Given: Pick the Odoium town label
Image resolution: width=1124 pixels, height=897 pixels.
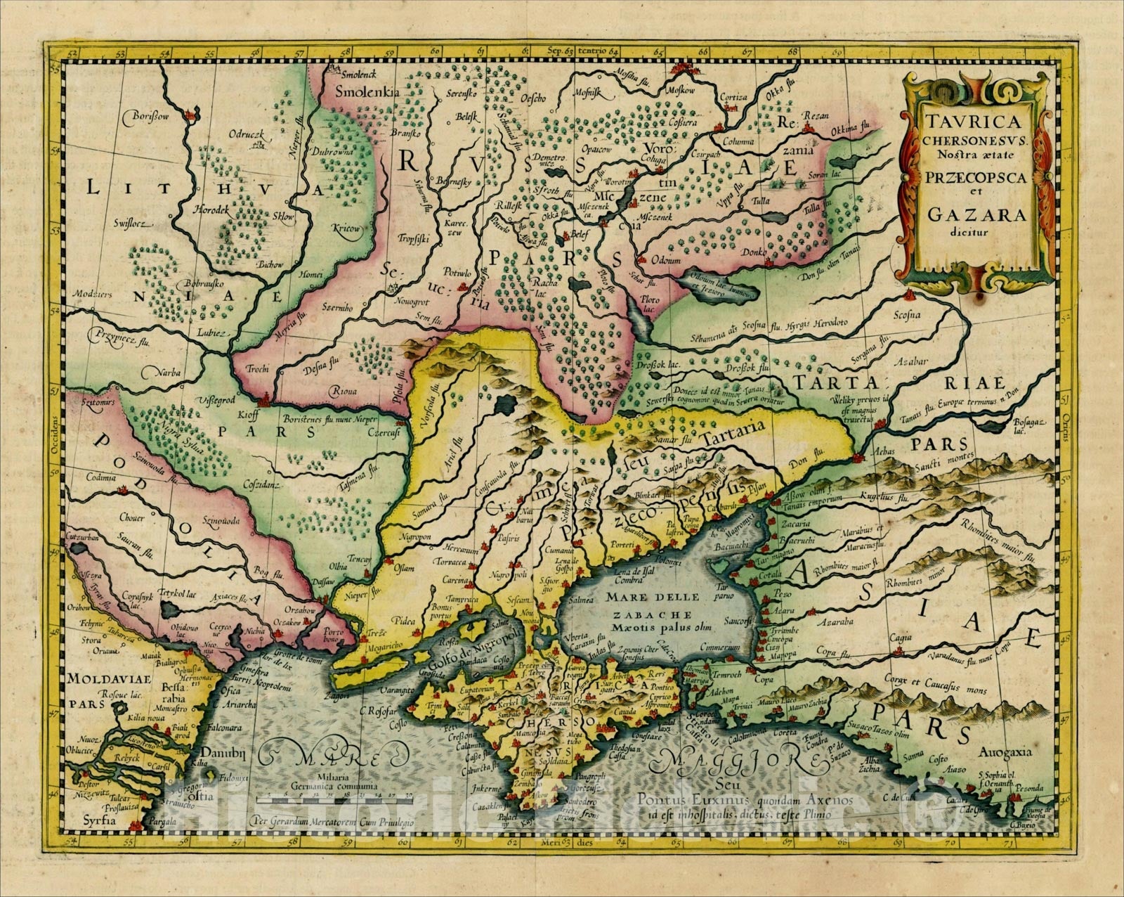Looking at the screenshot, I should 673,262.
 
